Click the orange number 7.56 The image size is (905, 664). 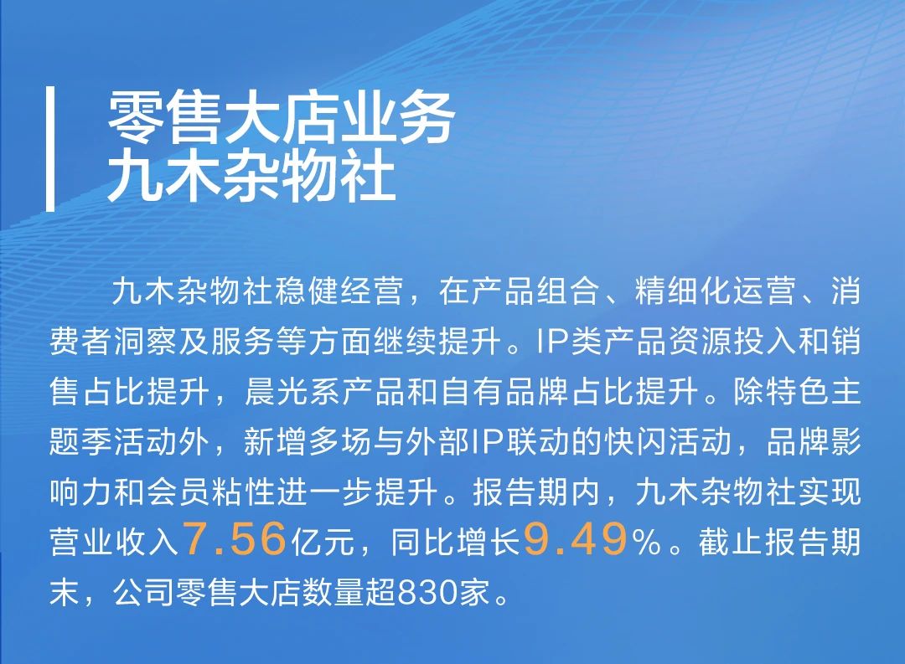pos(235,539)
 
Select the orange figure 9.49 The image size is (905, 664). pos(575,539)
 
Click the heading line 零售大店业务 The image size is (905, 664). pos(281,117)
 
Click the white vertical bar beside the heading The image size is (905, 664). pos(50,149)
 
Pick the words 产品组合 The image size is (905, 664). pos(535,291)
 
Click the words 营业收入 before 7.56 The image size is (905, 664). pos(114,543)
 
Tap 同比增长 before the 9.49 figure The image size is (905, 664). pos(455,543)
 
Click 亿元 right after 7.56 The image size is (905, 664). pos(323,543)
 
